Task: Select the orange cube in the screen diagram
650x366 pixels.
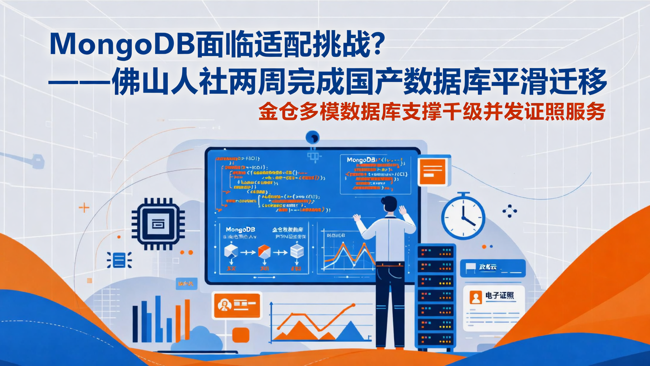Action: pyautogui.click(x=264, y=251)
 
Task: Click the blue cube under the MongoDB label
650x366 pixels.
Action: pyautogui.click(x=231, y=251)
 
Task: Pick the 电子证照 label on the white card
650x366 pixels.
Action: pyautogui.click(x=499, y=296)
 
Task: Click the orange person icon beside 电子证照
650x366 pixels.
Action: pyautogui.click(x=476, y=297)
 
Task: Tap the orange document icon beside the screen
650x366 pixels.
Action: pyautogui.click(x=432, y=171)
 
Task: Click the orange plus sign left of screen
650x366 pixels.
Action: pyautogui.click(x=84, y=208)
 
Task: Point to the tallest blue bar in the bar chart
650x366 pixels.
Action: pyautogui.click(x=158, y=319)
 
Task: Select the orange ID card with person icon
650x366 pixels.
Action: pyautogui.click(x=236, y=305)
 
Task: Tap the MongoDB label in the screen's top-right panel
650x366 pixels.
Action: pyautogui.click(x=362, y=160)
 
